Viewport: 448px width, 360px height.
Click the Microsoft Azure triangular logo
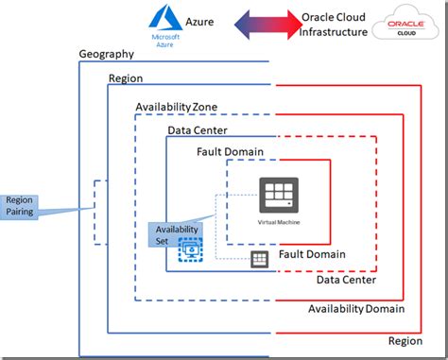[x=164, y=17]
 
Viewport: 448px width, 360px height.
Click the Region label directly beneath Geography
[x=126, y=79]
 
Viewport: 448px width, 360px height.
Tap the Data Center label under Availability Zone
[x=197, y=130]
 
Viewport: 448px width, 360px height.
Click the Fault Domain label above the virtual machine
[x=230, y=152]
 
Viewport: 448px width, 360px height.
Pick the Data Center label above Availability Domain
[x=346, y=280]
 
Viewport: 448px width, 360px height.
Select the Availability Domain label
[x=356, y=309]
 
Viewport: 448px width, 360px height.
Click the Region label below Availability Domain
[x=405, y=340]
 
